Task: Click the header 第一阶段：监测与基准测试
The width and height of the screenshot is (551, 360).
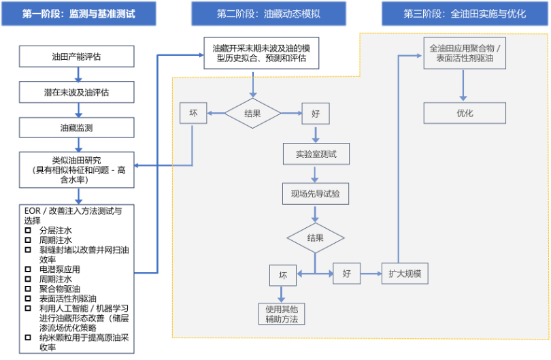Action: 78,14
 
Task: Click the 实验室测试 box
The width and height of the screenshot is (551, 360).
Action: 316,154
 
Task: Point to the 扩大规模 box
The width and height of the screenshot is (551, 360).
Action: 405,274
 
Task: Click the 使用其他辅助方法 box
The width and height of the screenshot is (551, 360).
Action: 282,314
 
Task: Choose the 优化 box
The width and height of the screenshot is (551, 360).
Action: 465,113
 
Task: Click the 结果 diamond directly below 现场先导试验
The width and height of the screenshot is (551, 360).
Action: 316,238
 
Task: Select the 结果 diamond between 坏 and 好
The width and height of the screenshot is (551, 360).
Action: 252,114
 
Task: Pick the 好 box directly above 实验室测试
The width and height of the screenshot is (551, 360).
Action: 316,114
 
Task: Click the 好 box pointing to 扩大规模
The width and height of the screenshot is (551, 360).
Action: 346,274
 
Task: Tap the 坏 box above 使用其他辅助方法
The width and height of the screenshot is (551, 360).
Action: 283,276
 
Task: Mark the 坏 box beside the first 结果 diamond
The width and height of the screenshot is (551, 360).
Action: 193,114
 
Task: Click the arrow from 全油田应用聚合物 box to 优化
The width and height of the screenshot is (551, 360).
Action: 465,85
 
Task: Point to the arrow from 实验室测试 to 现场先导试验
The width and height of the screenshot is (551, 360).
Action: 316,174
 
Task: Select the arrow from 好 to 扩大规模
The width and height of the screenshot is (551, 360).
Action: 371,274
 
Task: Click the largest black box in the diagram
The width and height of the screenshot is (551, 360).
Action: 76,278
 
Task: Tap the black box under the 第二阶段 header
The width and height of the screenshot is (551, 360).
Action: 261,53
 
